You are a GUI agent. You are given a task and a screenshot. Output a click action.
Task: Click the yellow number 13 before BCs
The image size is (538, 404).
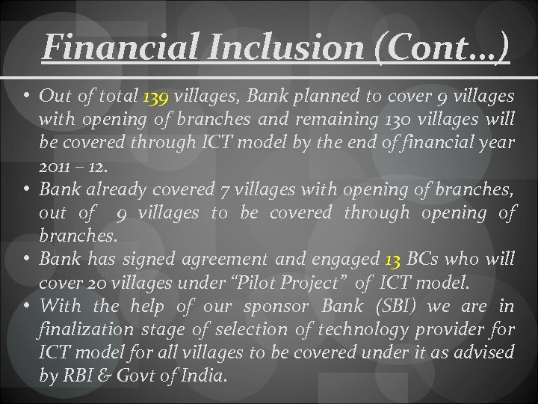pyautogui.click(x=393, y=260)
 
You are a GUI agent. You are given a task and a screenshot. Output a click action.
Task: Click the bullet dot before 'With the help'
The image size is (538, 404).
pyautogui.click(x=27, y=306)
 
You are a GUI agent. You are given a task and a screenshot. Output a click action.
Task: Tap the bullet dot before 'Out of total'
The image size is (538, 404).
pyautogui.click(x=27, y=97)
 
